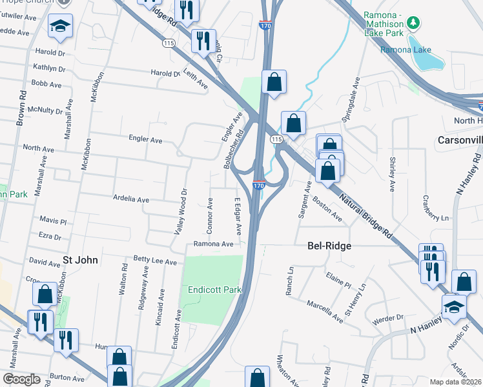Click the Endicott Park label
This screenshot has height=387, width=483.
(x=214, y=290)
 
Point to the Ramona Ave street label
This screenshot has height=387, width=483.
(x=213, y=244)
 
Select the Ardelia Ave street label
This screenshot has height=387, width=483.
(x=131, y=199)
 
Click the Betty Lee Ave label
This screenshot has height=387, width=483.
(x=155, y=262)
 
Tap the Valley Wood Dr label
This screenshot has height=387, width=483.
(x=183, y=211)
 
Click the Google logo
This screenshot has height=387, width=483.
(x=21, y=379)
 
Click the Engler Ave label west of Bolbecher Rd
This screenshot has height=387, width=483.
(x=145, y=139)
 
